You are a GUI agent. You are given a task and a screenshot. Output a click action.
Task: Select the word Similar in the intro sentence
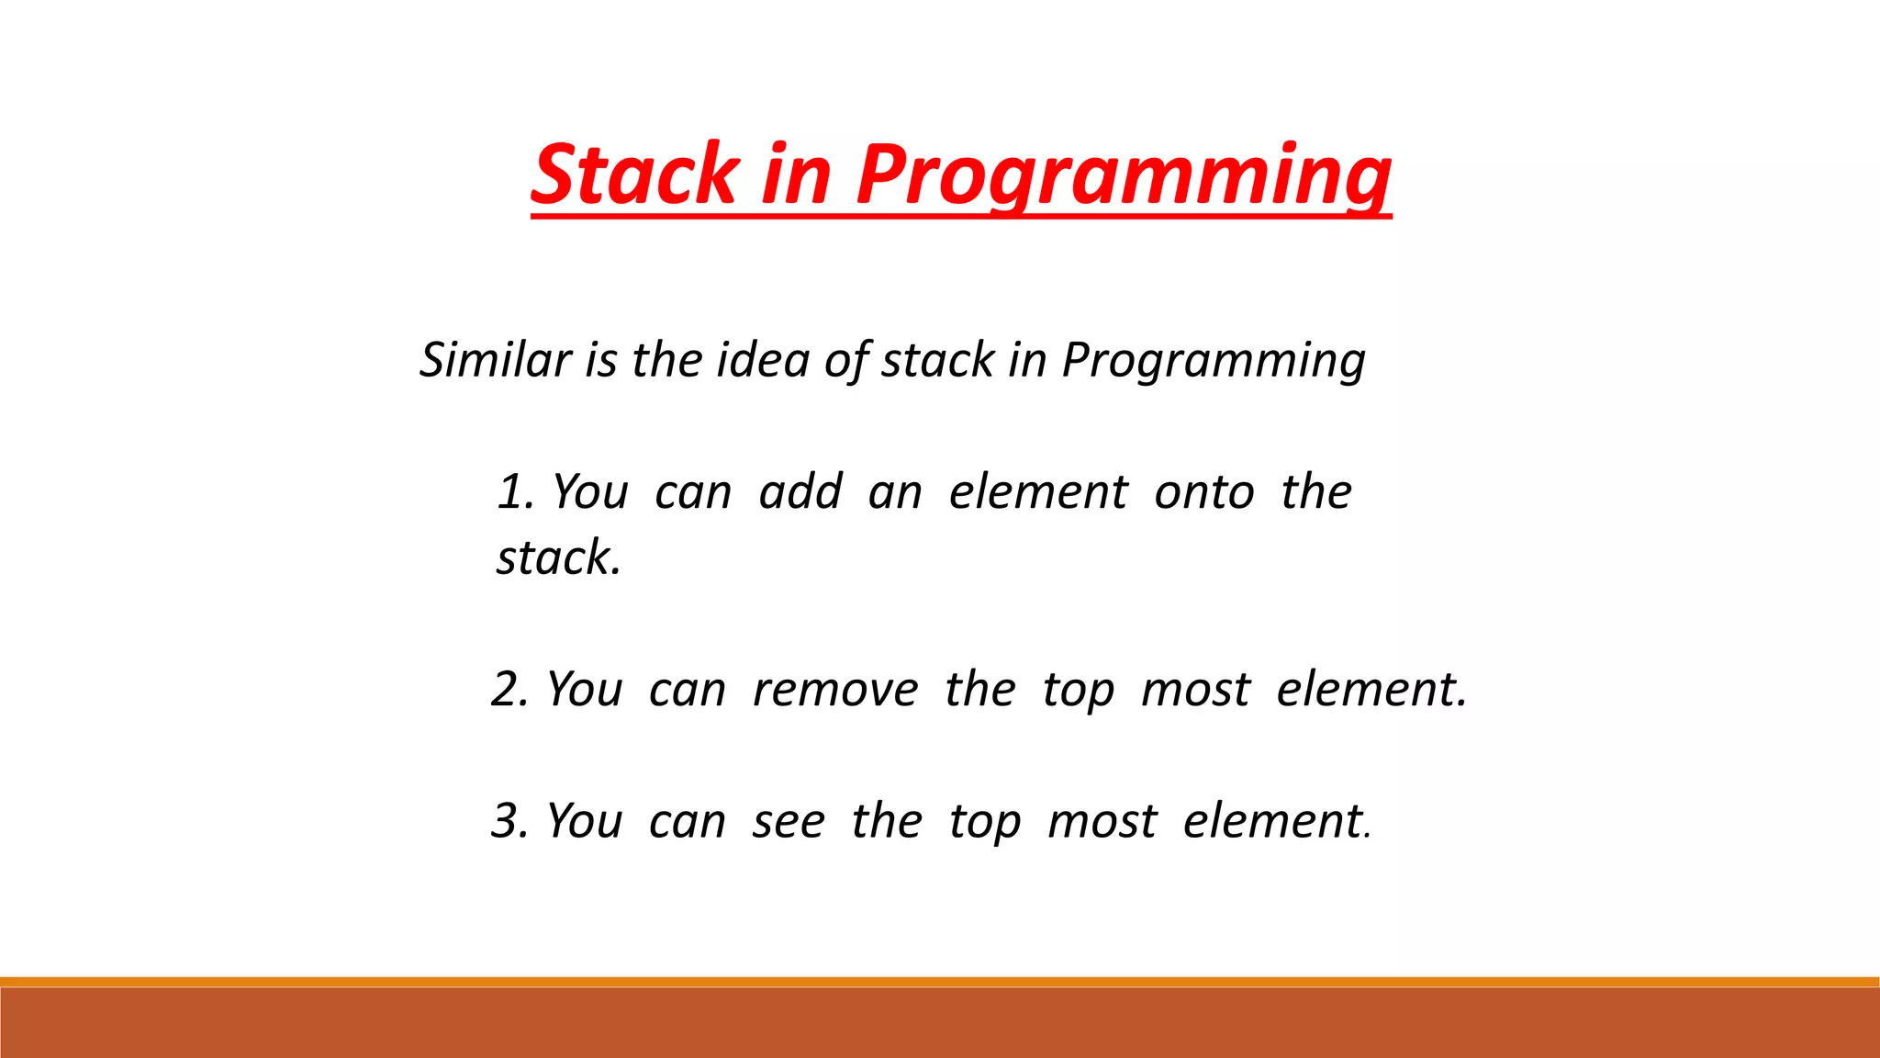click(x=496, y=359)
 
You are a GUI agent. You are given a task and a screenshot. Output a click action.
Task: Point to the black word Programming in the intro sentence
click(x=1214, y=359)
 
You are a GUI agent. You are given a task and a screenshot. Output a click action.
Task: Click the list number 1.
click(x=515, y=491)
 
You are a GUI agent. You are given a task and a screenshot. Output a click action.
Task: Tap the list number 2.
click(x=509, y=689)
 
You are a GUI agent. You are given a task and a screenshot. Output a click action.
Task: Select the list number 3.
click(x=509, y=820)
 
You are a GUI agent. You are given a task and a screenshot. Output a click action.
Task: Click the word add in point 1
click(x=800, y=491)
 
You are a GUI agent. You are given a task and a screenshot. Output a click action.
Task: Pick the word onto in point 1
click(x=1203, y=491)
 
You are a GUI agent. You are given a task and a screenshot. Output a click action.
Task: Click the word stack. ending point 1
click(x=558, y=557)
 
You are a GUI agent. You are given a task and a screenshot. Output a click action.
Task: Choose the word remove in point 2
click(x=834, y=689)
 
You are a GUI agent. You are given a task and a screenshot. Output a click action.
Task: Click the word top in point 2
click(x=1078, y=691)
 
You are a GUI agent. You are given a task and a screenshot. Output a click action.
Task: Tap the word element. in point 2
click(x=1371, y=689)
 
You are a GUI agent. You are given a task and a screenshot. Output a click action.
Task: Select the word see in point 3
click(x=788, y=821)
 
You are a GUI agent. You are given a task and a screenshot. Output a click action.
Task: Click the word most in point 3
click(x=1102, y=821)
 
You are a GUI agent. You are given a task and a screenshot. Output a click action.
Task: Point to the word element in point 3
click(x=1273, y=820)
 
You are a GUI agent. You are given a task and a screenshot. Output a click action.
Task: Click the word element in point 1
click(x=1037, y=491)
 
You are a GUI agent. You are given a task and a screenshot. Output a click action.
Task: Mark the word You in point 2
click(x=585, y=689)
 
